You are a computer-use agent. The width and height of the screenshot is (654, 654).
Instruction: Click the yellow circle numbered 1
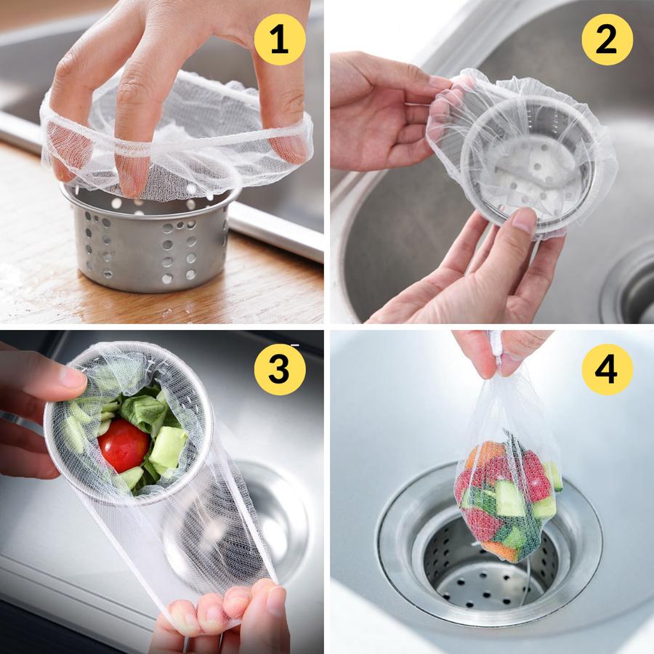point(280,40)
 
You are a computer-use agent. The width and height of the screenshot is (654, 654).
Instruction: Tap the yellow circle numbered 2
point(607,40)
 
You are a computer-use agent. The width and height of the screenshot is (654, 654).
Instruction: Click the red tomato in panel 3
point(124,445)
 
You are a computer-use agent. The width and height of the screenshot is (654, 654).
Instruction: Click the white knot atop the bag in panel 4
point(496,345)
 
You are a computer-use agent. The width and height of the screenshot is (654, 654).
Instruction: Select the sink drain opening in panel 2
point(630,288)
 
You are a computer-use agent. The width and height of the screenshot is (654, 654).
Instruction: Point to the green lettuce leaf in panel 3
point(140,407)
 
